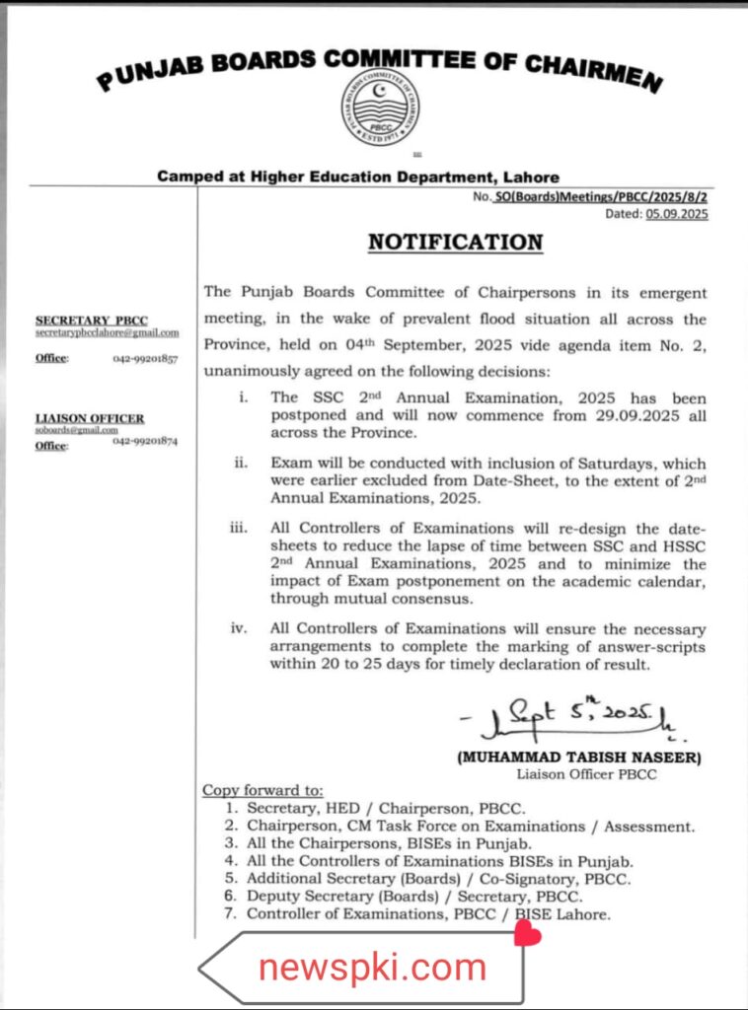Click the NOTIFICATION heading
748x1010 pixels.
[455, 242]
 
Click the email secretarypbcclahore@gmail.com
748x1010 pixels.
[108, 333]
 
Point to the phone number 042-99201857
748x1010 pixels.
[145, 359]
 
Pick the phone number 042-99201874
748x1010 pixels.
[145, 442]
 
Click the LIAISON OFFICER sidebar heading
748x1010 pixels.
[90, 418]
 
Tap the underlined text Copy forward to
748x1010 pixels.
[262, 790]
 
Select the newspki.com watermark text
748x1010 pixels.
[373, 967]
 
